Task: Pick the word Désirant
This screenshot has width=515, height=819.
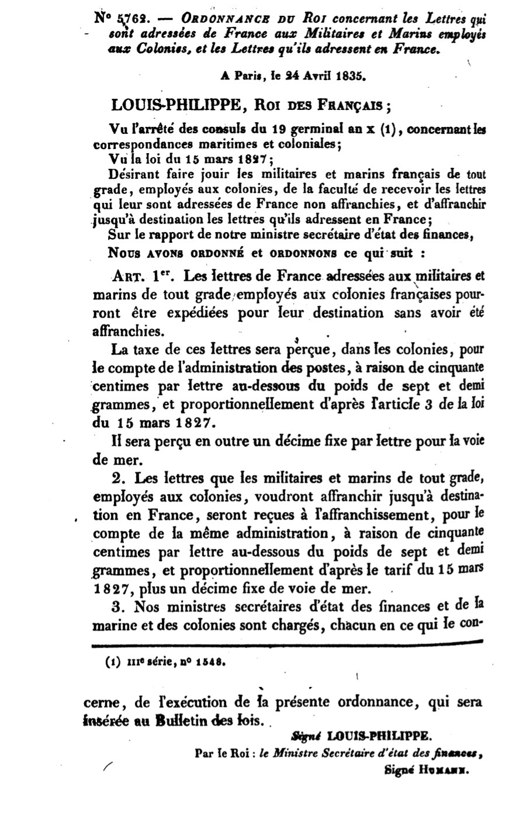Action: [129, 173]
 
